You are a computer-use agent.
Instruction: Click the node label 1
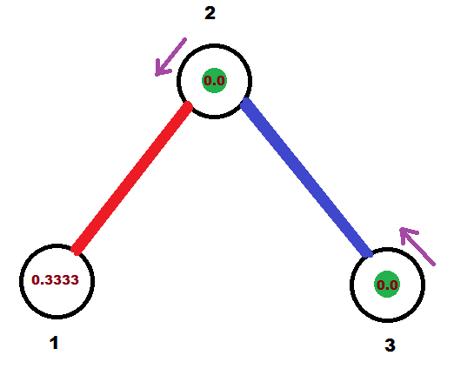54,343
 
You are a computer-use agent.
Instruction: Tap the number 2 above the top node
210,13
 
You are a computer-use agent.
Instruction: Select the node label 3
390,346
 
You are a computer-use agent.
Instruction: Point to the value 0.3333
55,280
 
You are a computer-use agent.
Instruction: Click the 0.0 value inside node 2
214,80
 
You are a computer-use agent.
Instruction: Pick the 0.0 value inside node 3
387,285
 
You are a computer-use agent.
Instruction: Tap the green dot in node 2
214,80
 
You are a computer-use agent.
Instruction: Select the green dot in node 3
387,285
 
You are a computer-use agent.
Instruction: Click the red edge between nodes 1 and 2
132,178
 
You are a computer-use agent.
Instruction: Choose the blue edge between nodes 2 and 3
307,178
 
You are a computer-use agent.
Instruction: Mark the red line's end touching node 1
76,251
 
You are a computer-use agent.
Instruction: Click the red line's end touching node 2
189,106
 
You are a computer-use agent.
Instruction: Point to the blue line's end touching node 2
245,103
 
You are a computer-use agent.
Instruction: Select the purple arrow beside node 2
170,57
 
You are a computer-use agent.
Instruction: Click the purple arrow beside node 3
417,246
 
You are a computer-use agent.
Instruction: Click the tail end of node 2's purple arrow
185,39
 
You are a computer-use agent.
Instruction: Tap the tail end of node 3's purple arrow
434,265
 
